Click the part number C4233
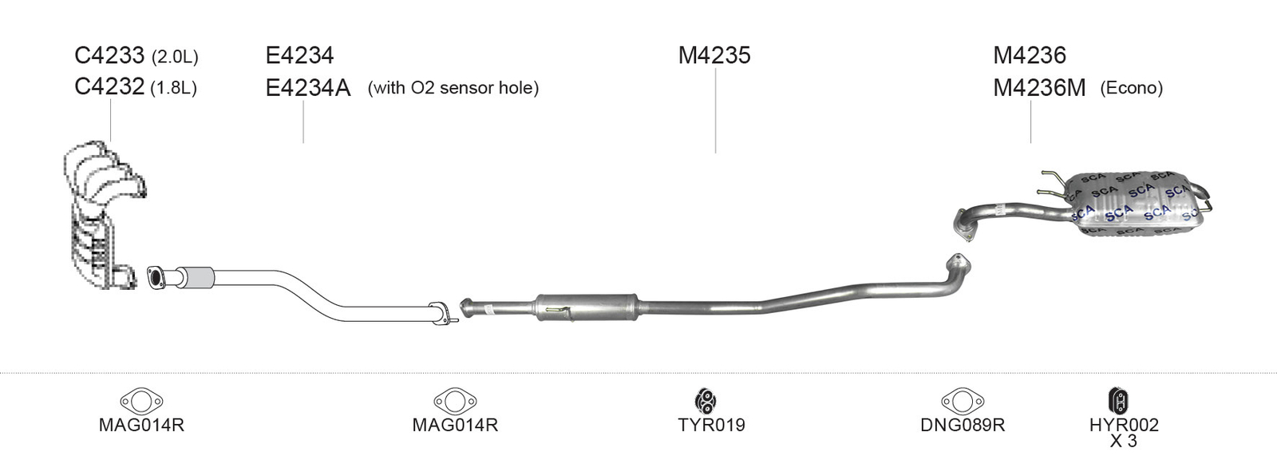click(x=109, y=55)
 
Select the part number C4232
click(x=109, y=87)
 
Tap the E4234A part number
click(x=308, y=88)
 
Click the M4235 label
click(x=714, y=55)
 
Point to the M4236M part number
click(x=1039, y=88)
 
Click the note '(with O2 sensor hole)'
click(x=453, y=88)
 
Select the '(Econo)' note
click(x=1131, y=88)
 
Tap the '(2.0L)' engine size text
click(x=175, y=57)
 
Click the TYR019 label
click(x=711, y=425)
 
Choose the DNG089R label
click(x=963, y=425)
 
